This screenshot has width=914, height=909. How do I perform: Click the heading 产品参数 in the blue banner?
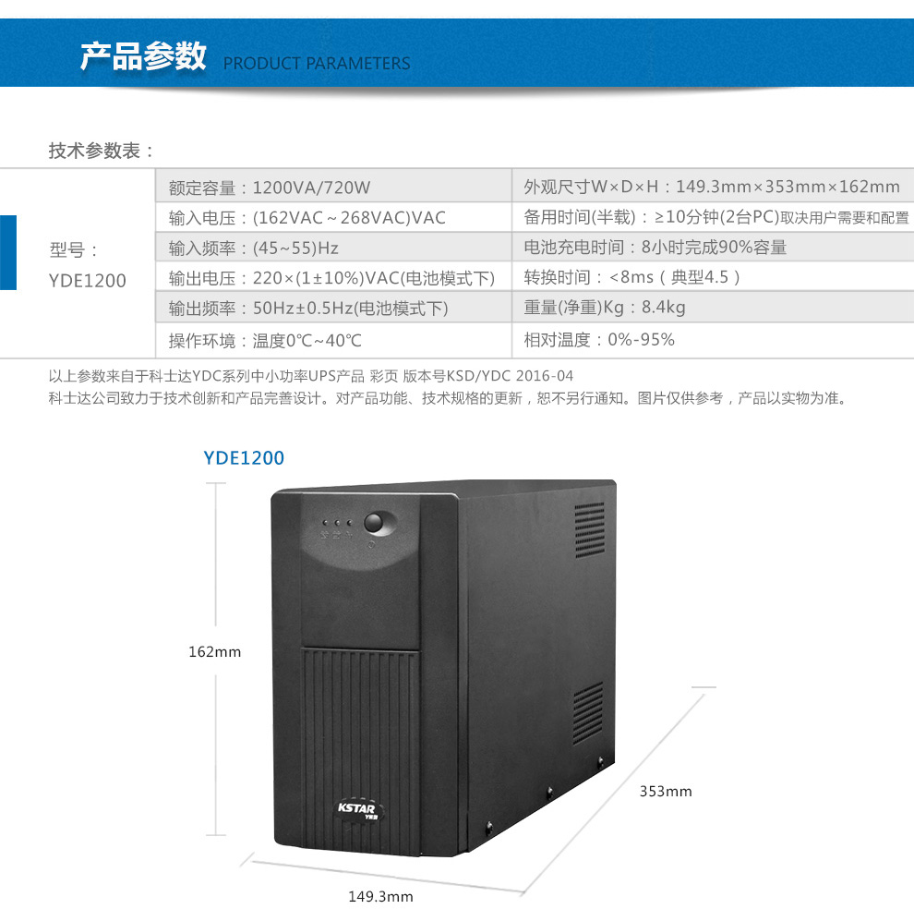click(x=143, y=56)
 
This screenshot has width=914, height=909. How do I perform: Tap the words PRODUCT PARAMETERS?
click(x=317, y=63)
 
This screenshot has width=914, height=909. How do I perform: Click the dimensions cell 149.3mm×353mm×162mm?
click(x=712, y=187)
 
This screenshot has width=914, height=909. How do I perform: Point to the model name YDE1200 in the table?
click(x=88, y=281)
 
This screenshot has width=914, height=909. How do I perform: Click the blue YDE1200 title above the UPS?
click(x=244, y=458)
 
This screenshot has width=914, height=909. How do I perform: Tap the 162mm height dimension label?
click(x=214, y=651)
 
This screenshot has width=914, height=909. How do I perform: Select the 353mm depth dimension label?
click(x=666, y=791)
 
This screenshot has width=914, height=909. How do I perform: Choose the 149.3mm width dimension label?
click(x=380, y=896)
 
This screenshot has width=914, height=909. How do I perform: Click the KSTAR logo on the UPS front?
click(x=358, y=810)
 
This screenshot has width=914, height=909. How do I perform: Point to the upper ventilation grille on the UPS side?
click(x=589, y=529)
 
